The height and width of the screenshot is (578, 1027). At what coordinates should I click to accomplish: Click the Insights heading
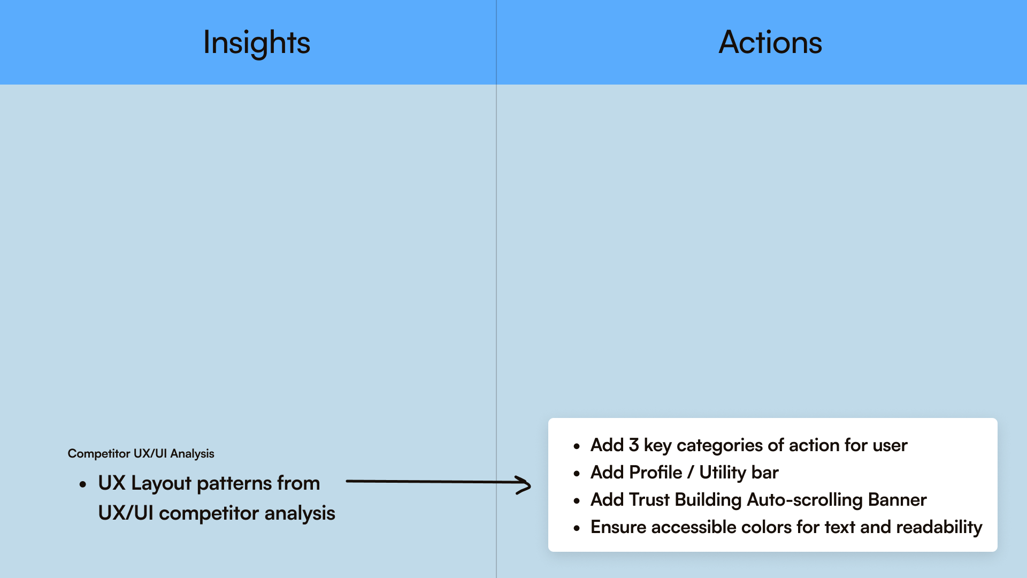257,43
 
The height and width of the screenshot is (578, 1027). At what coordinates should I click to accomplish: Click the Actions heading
770,43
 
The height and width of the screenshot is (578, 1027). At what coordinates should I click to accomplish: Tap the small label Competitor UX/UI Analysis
141,453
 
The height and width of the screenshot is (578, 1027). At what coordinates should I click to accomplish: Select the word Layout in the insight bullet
161,483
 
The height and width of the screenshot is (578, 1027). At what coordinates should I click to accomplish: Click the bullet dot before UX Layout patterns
82,485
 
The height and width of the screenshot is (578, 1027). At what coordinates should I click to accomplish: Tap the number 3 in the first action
634,445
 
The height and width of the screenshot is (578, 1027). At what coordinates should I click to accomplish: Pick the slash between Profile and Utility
691,473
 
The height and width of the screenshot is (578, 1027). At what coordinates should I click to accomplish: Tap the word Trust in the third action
649,500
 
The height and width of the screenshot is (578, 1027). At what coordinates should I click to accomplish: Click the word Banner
897,500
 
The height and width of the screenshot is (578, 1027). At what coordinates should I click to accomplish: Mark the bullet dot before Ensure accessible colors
577,528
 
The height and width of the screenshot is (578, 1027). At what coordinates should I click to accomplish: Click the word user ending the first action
890,445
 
